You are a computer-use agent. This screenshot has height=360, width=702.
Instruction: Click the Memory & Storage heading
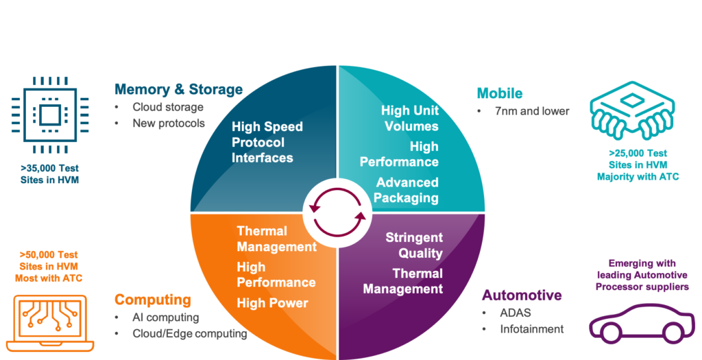click(x=178, y=89)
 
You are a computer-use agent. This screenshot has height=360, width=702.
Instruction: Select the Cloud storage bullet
click(x=168, y=108)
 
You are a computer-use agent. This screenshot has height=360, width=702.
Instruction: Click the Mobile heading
click(x=500, y=93)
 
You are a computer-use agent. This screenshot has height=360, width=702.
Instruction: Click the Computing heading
click(x=152, y=300)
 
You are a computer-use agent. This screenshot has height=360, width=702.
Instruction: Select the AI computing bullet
click(x=165, y=317)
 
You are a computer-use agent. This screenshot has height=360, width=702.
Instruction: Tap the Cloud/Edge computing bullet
click(x=189, y=333)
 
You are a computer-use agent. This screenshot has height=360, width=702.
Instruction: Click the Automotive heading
click(x=522, y=295)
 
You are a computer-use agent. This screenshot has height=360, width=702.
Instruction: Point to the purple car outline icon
click(x=638, y=322)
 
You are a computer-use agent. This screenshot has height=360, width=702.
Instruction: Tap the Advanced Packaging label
click(x=407, y=190)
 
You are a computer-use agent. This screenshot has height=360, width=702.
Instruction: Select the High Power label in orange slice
click(x=272, y=303)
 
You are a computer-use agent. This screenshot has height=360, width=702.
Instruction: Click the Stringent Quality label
click(x=414, y=245)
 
